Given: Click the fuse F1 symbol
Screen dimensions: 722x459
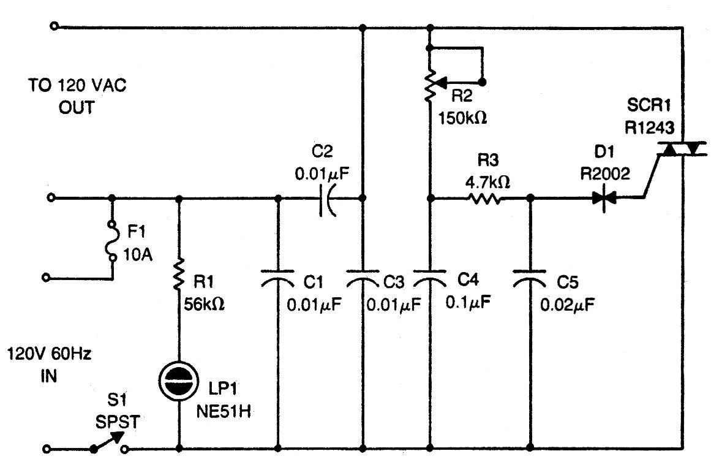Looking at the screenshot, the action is tap(111, 241).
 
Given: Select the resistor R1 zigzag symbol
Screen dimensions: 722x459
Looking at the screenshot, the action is tap(179, 275).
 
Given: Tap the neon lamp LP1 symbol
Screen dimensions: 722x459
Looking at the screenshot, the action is tap(178, 381).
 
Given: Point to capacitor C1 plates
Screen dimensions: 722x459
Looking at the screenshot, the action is tap(277, 277).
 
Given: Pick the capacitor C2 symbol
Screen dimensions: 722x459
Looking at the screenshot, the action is tap(328, 199).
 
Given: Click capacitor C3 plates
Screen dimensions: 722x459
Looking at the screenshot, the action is tap(363, 277).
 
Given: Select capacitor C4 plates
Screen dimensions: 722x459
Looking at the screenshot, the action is tap(430, 277).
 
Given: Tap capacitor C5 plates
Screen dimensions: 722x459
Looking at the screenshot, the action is tap(530, 277).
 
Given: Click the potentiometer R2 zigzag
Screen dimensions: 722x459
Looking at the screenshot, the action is tap(430, 86).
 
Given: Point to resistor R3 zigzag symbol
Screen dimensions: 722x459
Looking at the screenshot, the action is tap(484, 199).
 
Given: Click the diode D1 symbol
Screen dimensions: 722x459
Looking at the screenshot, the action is tap(604, 199).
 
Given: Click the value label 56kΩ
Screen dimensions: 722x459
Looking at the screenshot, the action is tap(204, 304).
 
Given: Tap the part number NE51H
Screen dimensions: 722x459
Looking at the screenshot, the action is tap(224, 411).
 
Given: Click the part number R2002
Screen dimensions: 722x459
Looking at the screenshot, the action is tap(604, 173).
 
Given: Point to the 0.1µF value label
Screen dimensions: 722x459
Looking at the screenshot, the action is tap(468, 302).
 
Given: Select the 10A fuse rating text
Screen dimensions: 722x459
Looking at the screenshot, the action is tap(138, 254).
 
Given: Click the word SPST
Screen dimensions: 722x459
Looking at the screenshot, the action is tap(118, 422).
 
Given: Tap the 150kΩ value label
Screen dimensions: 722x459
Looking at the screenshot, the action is tap(462, 118).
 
